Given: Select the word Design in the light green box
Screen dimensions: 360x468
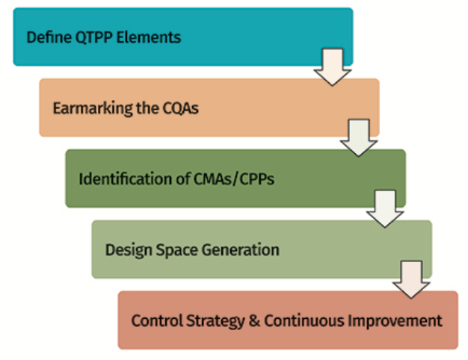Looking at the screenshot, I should tap(126, 250).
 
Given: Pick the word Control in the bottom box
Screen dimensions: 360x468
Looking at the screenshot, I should tap(154, 322).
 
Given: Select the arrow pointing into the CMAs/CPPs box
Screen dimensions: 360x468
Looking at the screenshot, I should tap(357, 139).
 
